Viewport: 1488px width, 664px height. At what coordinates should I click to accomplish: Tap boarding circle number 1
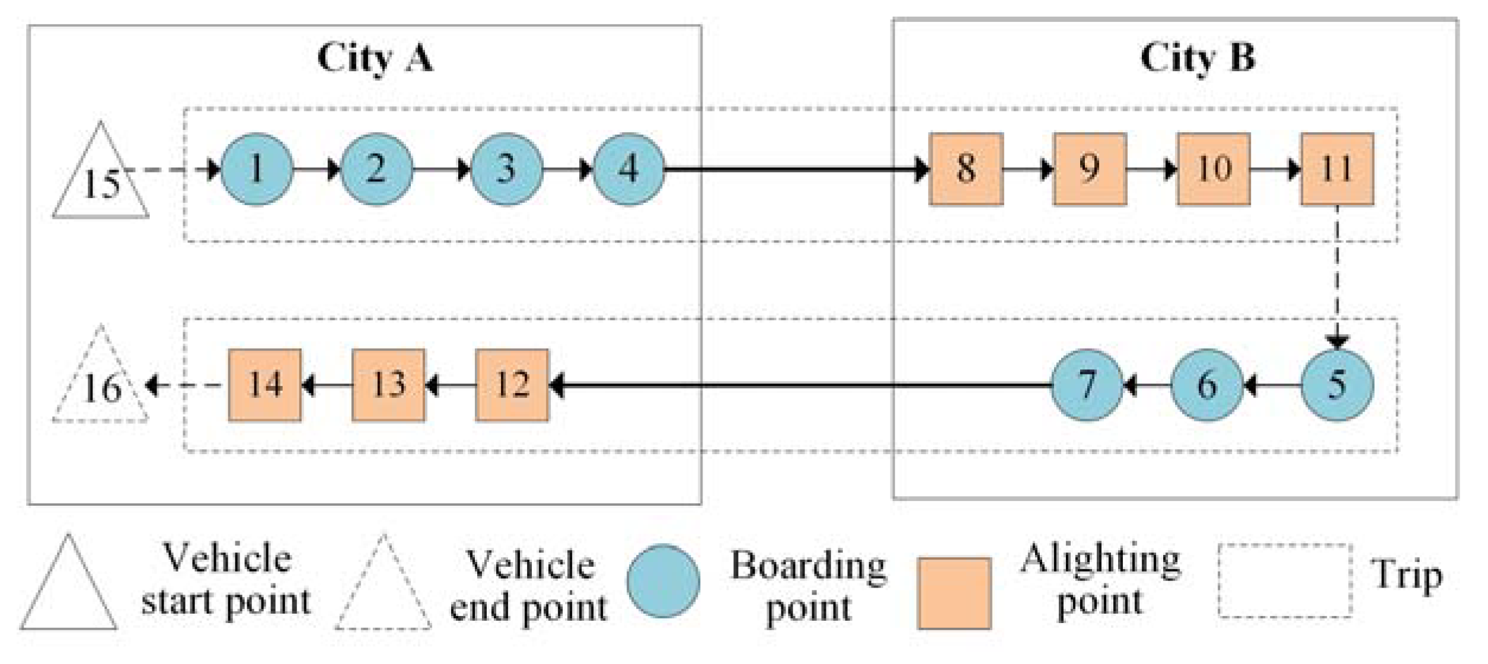click(x=257, y=170)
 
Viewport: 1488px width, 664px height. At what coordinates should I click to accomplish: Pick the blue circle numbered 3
click(x=506, y=170)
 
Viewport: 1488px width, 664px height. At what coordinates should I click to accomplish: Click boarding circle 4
click(x=628, y=170)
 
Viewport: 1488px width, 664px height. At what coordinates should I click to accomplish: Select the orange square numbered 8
click(x=966, y=170)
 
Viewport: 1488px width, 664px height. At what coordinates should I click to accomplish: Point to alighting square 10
click(x=1214, y=170)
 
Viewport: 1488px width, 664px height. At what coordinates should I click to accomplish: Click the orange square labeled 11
click(x=1337, y=170)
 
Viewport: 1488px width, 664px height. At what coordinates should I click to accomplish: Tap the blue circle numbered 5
click(x=1337, y=385)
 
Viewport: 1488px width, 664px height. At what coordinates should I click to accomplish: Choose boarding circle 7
click(x=1086, y=385)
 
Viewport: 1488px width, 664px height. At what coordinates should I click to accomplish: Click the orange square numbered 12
click(x=512, y=385)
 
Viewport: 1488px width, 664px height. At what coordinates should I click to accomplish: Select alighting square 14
click(x=264, y=385)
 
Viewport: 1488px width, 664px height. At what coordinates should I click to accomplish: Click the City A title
click(x=375, y=58)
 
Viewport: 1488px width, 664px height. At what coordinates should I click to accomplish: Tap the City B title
click(x=1197, y=58)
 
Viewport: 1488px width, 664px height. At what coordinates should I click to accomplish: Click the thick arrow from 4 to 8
click(x=794, y=170)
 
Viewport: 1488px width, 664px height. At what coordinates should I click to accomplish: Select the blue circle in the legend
click(x=663, y=582)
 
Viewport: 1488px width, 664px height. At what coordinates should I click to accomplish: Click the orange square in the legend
click(x=954, y=593)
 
